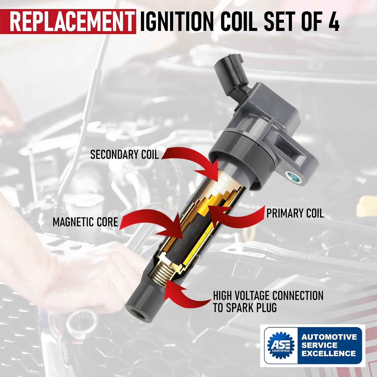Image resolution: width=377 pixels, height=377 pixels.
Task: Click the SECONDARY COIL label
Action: pos(124,154)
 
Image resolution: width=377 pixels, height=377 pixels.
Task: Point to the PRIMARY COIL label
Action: pos(295,213)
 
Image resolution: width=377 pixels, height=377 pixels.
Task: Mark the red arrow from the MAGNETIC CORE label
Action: pos(151,224)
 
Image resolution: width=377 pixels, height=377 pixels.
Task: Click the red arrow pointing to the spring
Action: pos(183,294)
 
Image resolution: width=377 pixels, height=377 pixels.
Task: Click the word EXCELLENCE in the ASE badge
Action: pos(328,353)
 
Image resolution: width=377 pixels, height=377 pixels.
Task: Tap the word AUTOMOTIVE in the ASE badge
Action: pos(329,337)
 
